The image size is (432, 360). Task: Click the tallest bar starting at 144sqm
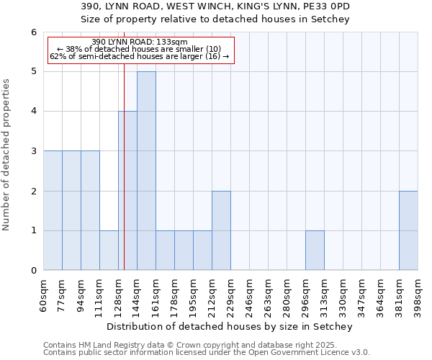(146, 171)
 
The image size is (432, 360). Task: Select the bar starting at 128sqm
(127, 191)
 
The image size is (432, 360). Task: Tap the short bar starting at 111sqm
(109, 251)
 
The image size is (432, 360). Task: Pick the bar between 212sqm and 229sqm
(221, 230)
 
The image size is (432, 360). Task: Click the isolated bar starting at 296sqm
(315, 251)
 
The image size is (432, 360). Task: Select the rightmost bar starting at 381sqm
(408, 230)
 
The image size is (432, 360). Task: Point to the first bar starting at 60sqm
(53, 210)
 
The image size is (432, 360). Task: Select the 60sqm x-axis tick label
(43, 295)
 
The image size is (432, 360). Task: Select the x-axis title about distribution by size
(230, 327)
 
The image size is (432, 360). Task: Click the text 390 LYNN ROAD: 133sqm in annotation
(140, 42)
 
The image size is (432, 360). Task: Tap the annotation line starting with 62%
(140, 56)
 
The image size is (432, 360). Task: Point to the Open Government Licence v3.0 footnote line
(207, 353)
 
